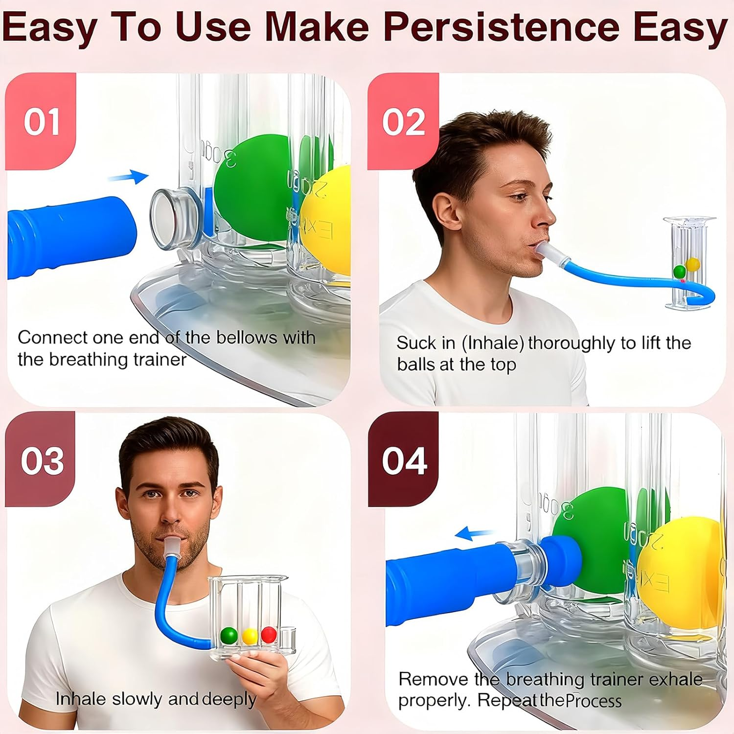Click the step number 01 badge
click(42, 121)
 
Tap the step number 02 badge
click(403, 121)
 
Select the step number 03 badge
click(42, 460)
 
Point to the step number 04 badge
click(404, 460)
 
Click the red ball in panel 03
click(269, 635)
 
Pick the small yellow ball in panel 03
click(250, 636)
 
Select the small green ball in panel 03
click(229, 636)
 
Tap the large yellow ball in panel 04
click(680, 573)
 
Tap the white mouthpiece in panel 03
click(171, 548)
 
